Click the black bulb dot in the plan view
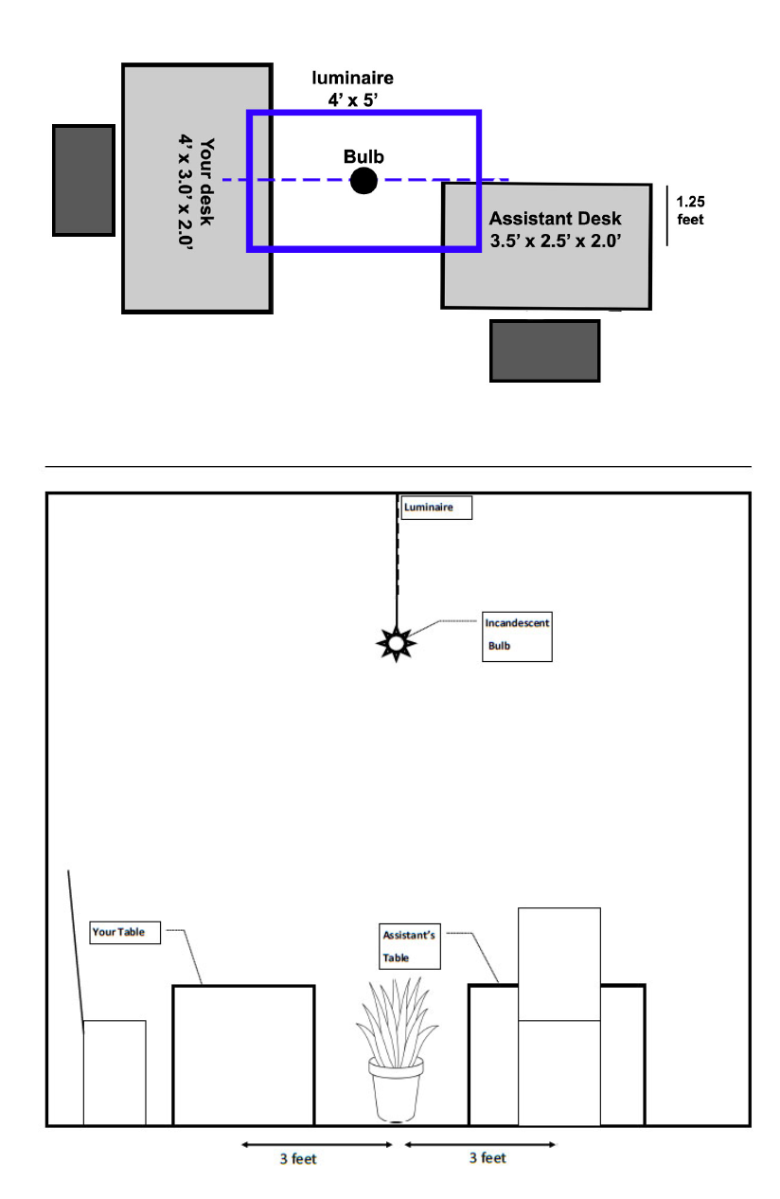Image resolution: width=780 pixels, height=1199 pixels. tap(363, 180)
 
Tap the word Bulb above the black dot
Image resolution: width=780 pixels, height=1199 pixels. tap(363, 156)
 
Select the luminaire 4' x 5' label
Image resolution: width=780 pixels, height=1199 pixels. tap(352, 88)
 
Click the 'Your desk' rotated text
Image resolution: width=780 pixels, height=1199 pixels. tap(206, 182)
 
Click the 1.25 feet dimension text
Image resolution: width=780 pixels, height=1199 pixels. tap(690, 210)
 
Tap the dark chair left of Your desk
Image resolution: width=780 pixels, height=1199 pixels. tap(83, 180)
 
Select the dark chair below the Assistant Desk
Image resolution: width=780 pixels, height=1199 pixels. tap(544, 350)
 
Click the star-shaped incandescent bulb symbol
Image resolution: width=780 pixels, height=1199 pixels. tap(396, 643)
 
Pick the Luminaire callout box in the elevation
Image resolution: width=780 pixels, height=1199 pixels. tap(436, 507)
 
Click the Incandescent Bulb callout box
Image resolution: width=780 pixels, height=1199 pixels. tap(517, 636)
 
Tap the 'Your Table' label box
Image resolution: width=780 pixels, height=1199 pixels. tap(125, 932)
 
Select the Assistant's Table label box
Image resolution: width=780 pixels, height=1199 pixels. tap(410, 946)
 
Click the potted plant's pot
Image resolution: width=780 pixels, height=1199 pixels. tap(396, 1089)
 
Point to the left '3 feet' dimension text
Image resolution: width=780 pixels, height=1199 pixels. tap(298, 1159)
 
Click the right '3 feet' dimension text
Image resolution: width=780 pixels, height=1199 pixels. tap(487, 1157)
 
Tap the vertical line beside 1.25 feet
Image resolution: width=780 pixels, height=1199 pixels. tap(667, 216)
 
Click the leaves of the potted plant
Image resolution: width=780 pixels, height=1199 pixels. tap(397, 1021)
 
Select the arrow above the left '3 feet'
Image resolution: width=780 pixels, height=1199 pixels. tap(317, 1145)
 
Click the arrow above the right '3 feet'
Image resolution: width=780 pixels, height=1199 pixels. tap(481, 1144)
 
